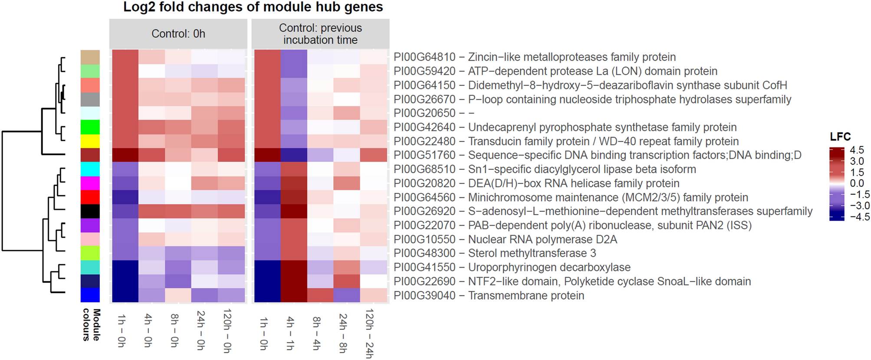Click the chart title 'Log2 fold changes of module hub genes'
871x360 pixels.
click(x=253, y=7)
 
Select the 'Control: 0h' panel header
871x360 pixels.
click(x=178, y=34)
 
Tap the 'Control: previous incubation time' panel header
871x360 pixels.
click(x=320, y=34)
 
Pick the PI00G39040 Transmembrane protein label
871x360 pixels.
click(x=489, y=295)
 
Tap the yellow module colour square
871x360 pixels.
click(x=90, y=141)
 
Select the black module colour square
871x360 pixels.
click(x=90, y=211)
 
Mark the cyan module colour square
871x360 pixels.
click(x=90, y=169)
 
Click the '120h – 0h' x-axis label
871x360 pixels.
click(x=227, y=331)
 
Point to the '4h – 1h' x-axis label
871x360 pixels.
click(x=290, y=333)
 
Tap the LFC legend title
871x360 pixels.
click(x=840, y=137)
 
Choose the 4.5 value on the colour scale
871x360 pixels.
click(x=857, y=150)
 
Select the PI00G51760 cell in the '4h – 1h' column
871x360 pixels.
click(x=294, y=155)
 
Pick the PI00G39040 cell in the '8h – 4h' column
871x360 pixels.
click(x=320, y=295)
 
